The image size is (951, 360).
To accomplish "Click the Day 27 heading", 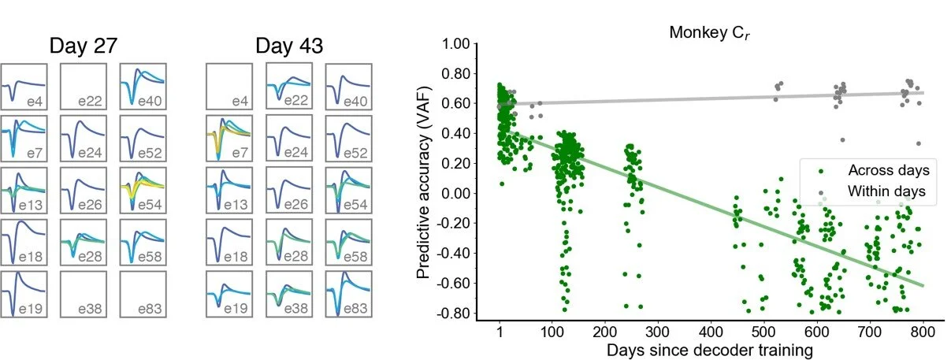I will point(84,45).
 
